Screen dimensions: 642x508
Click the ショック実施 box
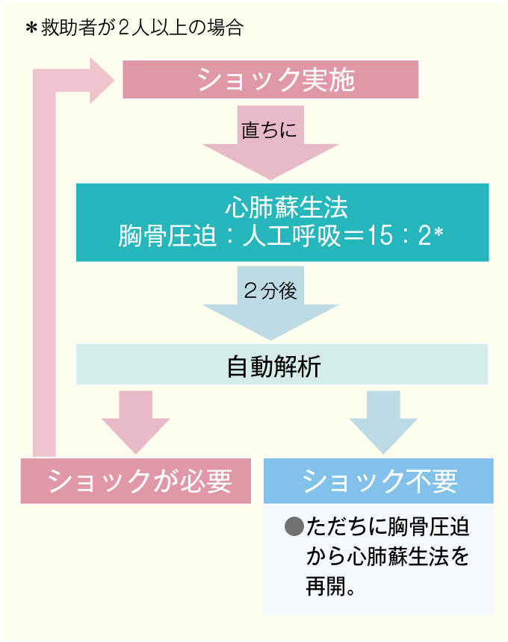coord(270,79)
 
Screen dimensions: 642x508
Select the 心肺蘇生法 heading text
coord(282,205)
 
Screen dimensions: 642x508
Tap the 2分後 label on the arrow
coord(270,290)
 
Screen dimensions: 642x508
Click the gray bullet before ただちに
coord(294,528)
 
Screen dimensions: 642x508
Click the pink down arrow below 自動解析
coord(136,420)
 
